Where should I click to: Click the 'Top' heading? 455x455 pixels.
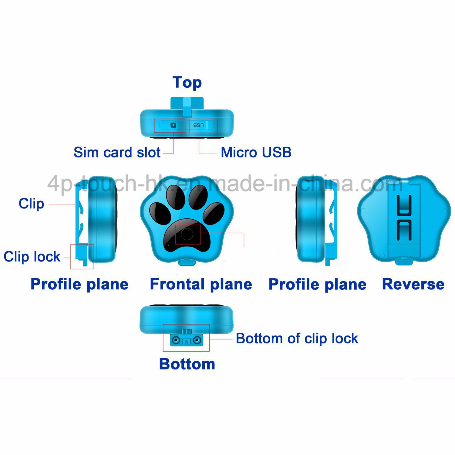pos(187,82)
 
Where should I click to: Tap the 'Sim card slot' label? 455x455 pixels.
pos(117,152)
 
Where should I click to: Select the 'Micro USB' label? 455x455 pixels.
pos(256,152)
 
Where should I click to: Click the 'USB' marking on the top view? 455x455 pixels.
pos(198,125)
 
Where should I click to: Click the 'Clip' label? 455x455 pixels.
pos(31,204)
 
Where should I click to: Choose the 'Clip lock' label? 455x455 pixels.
pos(32,257)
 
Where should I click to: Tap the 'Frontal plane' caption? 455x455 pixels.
pos(201,285)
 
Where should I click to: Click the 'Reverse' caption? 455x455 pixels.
pos(413,284)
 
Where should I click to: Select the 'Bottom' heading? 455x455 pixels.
pos(187,364)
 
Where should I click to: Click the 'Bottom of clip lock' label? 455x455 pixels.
pos(297,339)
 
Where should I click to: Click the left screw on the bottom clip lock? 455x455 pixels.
pos(175,340)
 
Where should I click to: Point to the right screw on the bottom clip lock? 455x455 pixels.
pos(197,340)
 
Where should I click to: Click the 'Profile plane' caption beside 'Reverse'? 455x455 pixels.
pos(317,285)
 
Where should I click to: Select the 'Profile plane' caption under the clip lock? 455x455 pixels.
pos(79,285)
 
